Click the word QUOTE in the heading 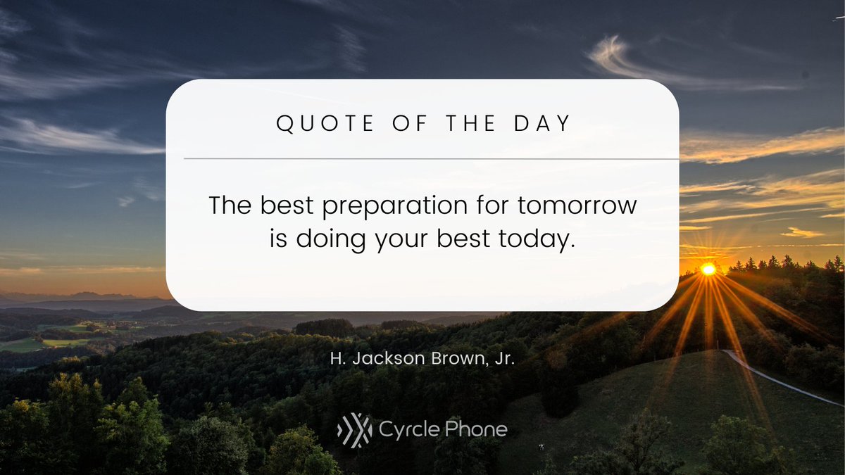316,124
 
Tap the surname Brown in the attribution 453,359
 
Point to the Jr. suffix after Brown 503,359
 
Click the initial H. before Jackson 337,359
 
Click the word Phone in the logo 478,429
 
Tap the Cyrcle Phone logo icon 354,429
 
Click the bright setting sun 708,269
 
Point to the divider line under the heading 423,159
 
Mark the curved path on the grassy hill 782,384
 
